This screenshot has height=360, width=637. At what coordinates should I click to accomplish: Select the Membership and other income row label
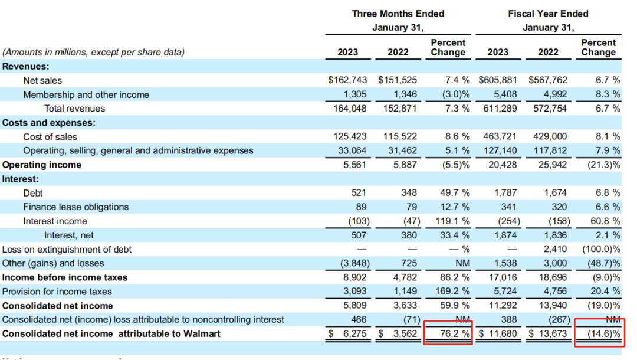click(x=86, y=94)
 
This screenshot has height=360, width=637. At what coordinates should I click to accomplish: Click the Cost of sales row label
click(x=50, y=136)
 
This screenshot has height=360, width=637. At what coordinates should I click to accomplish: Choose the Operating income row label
click(x=42, y=165)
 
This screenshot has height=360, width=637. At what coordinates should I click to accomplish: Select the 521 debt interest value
click(x=357, y=193)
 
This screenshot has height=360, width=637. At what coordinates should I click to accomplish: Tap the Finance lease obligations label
click(x=76, y=207)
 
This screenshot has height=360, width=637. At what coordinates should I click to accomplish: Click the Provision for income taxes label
click(x=57, y=292)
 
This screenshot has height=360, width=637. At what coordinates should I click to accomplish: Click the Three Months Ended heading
click(x=398, y=14)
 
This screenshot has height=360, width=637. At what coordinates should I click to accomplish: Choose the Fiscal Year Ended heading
click(x=549, y=14)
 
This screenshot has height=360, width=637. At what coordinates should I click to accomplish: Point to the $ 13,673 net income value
click(x=549, y=334)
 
